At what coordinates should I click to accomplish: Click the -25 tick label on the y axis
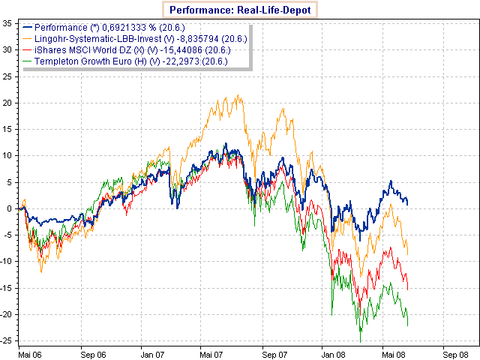[7, 341]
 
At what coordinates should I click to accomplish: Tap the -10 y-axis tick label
[7, 262]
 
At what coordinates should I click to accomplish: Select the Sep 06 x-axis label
[92, 352]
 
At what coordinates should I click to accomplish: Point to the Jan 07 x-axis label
[154, 352]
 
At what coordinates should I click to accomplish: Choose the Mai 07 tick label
[214, 352]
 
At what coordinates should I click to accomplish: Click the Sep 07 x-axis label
[276, 352]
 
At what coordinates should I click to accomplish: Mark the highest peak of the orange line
[238, 95]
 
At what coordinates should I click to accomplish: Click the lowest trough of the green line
[361, 342]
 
